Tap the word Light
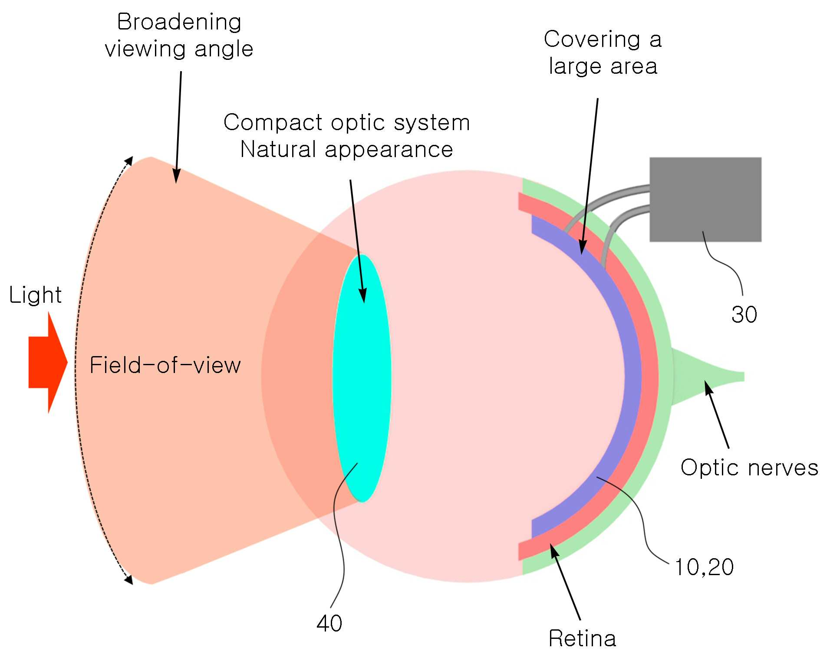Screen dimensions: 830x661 click(35, 295)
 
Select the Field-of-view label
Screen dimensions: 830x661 click(165, 365)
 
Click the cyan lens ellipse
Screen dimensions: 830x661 click(362, 378)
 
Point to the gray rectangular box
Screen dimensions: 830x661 click(705, 200)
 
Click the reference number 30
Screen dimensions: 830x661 click(744, 314)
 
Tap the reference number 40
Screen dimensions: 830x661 click(329, 623)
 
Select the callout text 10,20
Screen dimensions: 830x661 click(704, 567)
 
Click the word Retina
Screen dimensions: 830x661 click(582, 638)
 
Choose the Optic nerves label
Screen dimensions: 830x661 click(749, 468)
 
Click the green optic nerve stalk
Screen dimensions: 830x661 click(708, 376)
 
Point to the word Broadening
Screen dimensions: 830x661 click(179, 22)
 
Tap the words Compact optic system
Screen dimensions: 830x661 click(346, 122)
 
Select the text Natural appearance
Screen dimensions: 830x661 click(346, 149)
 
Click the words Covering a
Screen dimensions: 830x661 click(603, 39)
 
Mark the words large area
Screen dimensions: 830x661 click(603, 66)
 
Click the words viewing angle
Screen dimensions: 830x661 click(179, 49)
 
